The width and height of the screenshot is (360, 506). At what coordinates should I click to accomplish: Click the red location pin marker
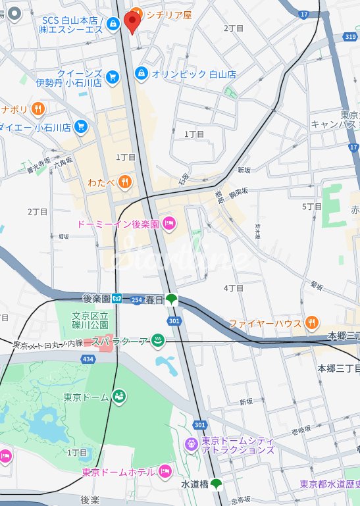132,22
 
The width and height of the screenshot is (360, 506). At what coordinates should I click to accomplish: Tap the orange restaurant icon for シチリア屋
136,13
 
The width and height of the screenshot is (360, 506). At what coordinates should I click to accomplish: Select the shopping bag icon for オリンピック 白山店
141,74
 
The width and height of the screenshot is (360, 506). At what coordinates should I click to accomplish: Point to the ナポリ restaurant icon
39,109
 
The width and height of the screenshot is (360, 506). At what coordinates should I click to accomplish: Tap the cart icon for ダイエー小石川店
81,126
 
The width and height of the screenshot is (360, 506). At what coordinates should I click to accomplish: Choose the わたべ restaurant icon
124,180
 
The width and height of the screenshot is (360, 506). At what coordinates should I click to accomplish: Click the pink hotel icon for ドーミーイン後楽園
169,224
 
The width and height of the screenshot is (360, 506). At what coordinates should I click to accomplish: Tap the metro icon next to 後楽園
116,298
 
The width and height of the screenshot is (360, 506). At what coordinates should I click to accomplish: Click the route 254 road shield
136,300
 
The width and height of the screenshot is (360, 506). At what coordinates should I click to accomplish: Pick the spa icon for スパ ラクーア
158,340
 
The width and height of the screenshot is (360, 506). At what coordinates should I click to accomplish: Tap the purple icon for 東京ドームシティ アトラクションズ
191,444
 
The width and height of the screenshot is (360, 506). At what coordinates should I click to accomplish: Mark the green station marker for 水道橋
216,484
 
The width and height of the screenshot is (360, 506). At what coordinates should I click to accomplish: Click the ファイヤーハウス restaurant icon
312,323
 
